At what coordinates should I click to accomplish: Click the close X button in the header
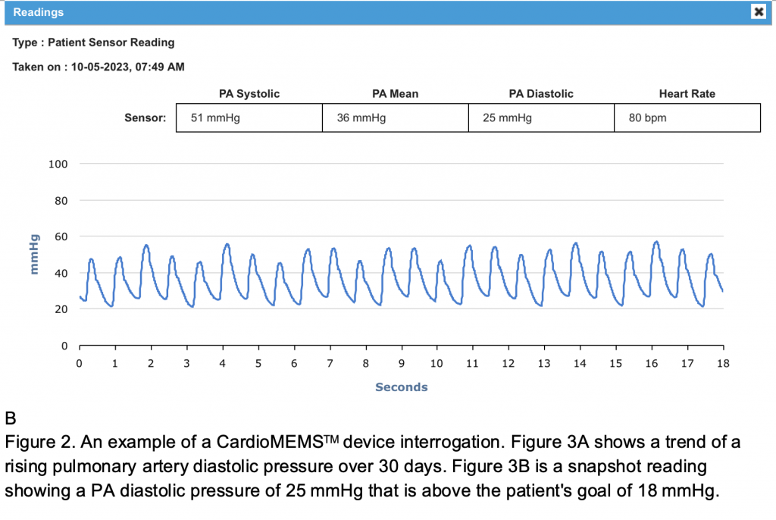coord(758,11)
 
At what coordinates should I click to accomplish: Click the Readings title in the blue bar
coord(39,12)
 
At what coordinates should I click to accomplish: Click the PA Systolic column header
coord(249,94)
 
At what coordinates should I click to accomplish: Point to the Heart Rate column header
coord(687,94)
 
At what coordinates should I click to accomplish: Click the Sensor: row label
coord(145,118)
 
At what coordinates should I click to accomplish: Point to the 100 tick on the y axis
coord(59,164)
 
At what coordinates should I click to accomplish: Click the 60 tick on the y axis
coord(61,237)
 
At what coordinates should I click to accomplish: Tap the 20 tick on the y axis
coord(61,309)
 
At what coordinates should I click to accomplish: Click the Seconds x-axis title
coord(401,387)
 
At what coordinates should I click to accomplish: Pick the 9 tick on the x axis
coord(402,363)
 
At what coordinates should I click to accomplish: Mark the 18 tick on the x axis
coord(723,363)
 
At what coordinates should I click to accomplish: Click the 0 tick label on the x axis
coord(80,363)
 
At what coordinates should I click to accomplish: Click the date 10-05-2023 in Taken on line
coord(100,67)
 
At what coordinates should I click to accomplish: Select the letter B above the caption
coord(10,418)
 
